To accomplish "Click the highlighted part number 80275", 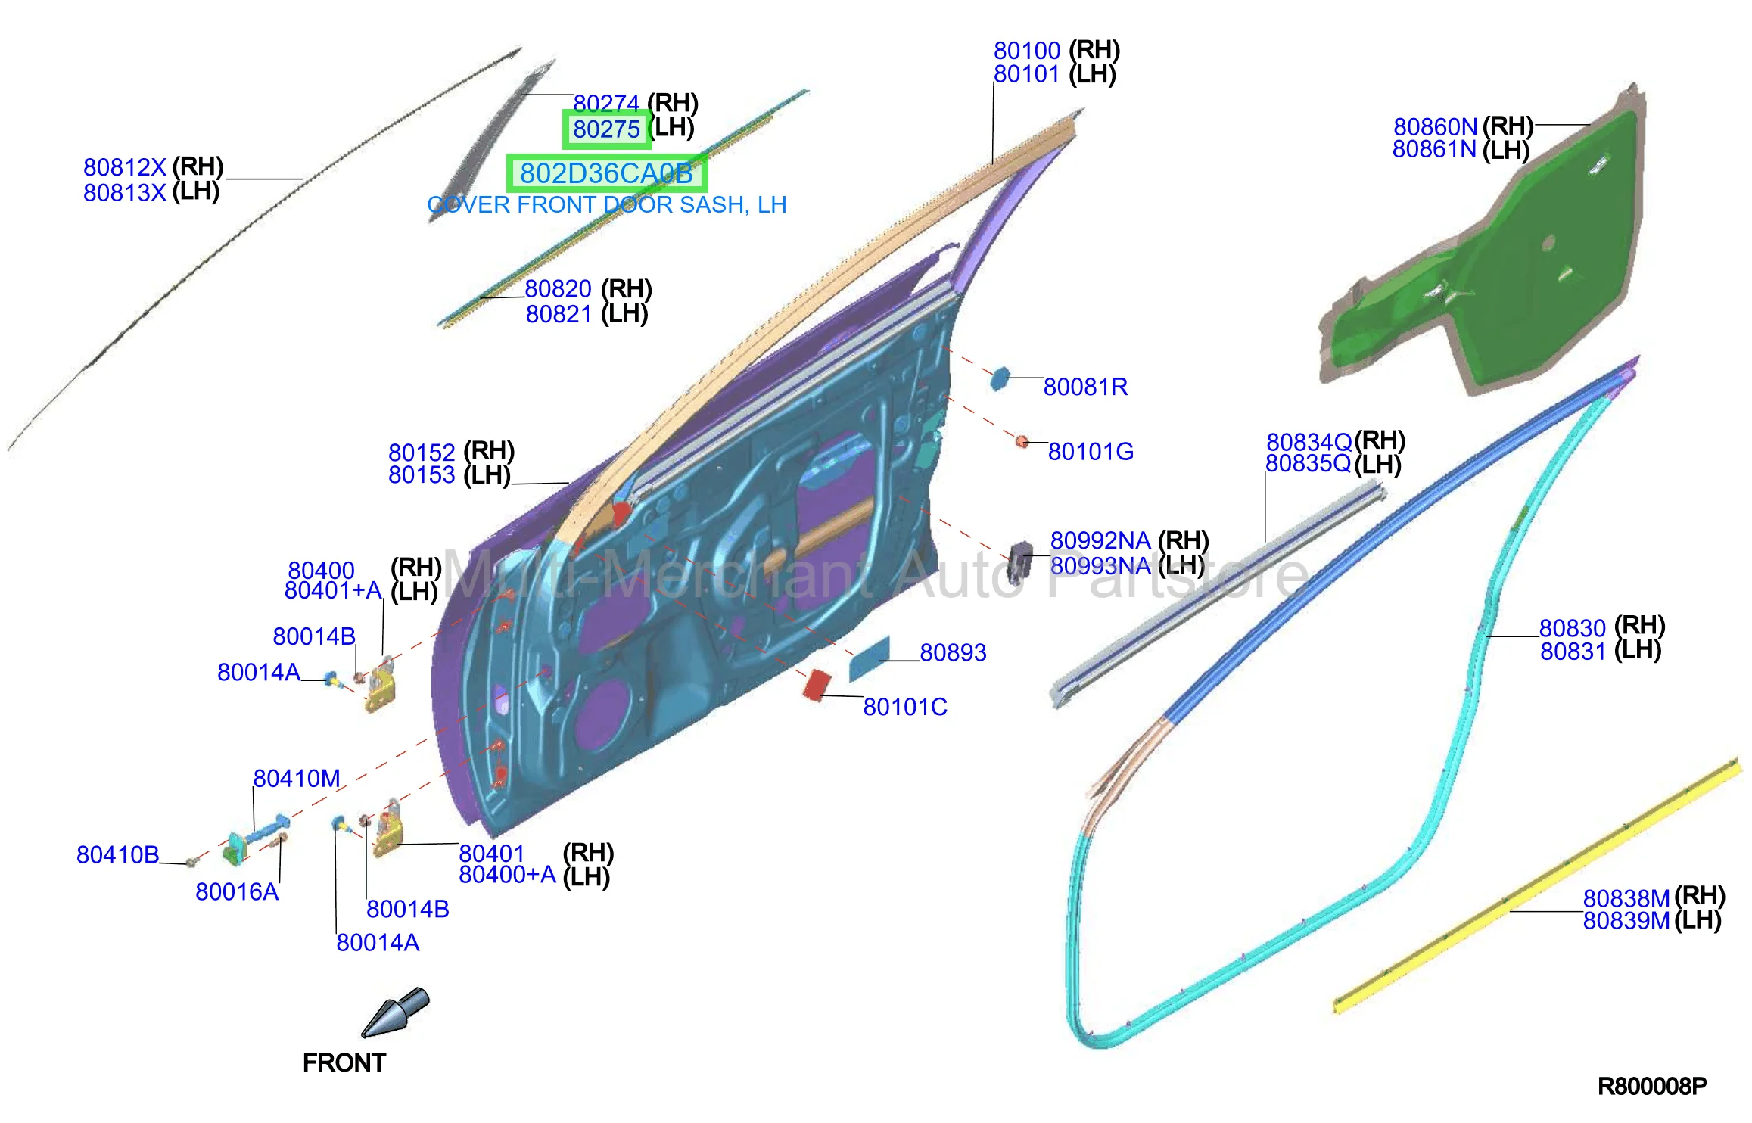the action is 606,129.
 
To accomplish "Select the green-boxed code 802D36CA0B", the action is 606,173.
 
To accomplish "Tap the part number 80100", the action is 1027,51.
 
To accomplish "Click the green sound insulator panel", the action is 1483,250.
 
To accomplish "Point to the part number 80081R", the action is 1085,387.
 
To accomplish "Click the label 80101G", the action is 1091,452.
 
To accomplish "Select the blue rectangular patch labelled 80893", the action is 869,658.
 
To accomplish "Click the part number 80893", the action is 953,652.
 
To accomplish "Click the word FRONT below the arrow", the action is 344,1063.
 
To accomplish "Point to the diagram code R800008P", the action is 1652,1087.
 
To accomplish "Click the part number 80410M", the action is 297,779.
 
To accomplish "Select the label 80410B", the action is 118,855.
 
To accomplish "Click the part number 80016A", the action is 237,892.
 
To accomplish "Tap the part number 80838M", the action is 1626,898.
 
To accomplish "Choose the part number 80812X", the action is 125,167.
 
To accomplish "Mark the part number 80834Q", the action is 1309,442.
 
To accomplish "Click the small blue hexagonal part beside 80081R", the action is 1000,378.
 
